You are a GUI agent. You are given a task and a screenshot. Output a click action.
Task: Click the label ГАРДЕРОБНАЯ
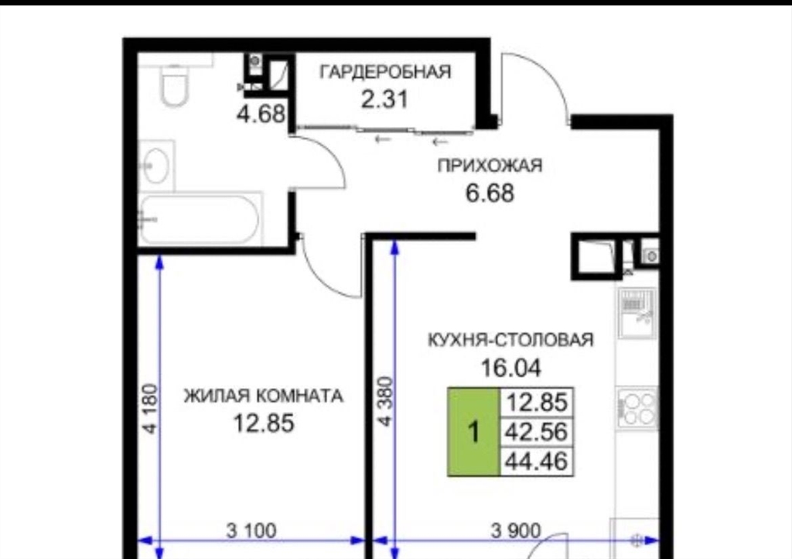coord(385,71)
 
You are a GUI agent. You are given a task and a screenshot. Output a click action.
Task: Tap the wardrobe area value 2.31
coord(384,98)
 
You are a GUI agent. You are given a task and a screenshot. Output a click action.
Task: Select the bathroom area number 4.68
coord(261,114)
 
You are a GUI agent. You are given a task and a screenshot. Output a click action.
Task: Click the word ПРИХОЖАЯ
coord(490,165)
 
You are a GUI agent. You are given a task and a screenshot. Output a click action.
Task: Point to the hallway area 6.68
coord(490,193)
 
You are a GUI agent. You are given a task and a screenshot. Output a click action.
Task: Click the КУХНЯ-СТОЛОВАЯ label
coord(510,340)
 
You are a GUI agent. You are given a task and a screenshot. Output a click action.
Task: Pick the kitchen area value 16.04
coord(510,368)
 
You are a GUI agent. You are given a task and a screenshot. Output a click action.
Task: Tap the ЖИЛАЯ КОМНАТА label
coord(263,395)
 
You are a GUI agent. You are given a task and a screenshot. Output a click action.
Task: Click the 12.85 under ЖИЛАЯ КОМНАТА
coord(263,423)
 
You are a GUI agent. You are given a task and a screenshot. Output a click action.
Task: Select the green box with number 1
coord(474,432)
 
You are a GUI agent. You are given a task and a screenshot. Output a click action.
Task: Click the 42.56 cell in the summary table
coord(537,432)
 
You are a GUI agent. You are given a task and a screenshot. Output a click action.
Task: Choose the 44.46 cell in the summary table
coord(537,461)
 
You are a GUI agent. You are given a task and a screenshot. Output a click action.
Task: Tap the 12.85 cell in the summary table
coord(537,403)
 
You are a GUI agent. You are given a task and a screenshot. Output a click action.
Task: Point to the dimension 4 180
coord(151,409)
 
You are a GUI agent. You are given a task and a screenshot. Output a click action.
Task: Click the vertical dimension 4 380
coord(386,402)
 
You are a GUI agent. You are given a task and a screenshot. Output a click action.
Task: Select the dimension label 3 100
coord(251,530)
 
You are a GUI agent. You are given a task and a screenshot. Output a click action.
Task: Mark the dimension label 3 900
coord(516,530)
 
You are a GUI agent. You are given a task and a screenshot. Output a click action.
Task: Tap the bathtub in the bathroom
coord(200,219)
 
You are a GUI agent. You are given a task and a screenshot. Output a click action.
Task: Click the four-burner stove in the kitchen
coord(637,408)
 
